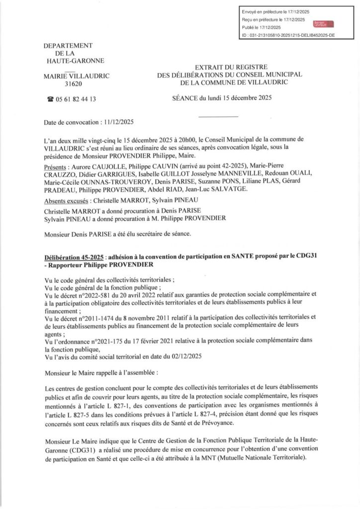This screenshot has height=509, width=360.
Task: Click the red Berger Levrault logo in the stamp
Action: click(323, 23)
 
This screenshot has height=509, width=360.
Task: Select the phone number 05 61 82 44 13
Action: click(75, 99)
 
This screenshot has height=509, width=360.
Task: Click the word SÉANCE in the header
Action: click(185, 98)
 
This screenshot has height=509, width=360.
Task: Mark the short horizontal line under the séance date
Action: click(214, 117)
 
